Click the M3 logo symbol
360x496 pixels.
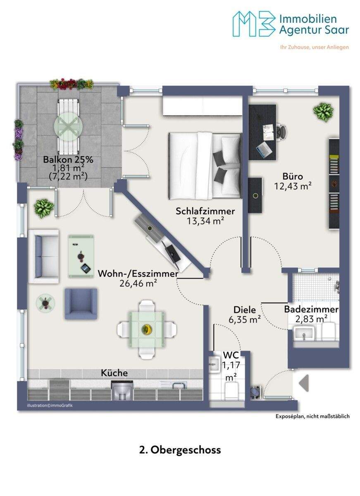point(254,24)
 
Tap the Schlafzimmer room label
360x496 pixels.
point(205,211)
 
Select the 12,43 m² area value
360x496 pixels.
point(293,186)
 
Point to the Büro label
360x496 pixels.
point(293,176)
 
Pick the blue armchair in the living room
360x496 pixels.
point(81,303)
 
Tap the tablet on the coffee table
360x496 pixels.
point(86,269)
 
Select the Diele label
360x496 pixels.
point(245,310)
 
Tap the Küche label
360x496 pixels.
point(114,373)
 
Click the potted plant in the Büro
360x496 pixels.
point(323,112)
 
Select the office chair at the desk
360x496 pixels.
point(281,133)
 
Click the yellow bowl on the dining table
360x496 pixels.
point(145,329)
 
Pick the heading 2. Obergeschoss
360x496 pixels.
point(180,450)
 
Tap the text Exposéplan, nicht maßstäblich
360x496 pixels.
point(312,416)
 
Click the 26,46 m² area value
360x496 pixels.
point(138,283)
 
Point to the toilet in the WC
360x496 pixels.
point(231,391)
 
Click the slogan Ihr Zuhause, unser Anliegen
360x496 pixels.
point(315,47)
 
